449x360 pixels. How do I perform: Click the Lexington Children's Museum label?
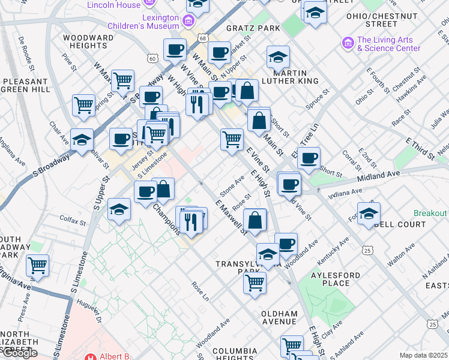coord(143,21)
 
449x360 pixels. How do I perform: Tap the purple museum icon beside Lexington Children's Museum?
coord(188,22)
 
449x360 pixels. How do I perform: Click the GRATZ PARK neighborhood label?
coord(254,28)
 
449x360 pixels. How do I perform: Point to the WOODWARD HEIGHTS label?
coord(88,41)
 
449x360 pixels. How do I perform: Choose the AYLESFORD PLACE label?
coord(336,279)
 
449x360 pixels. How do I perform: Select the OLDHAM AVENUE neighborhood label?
coord(280,317)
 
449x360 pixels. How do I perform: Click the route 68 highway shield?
coord(205,38)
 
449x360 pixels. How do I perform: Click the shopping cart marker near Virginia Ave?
coord(37,265)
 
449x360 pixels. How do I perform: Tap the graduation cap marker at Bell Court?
coord(369,212)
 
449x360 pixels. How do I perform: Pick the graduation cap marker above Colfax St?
coord(119,209)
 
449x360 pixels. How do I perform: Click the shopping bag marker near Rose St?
coord(255,219)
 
